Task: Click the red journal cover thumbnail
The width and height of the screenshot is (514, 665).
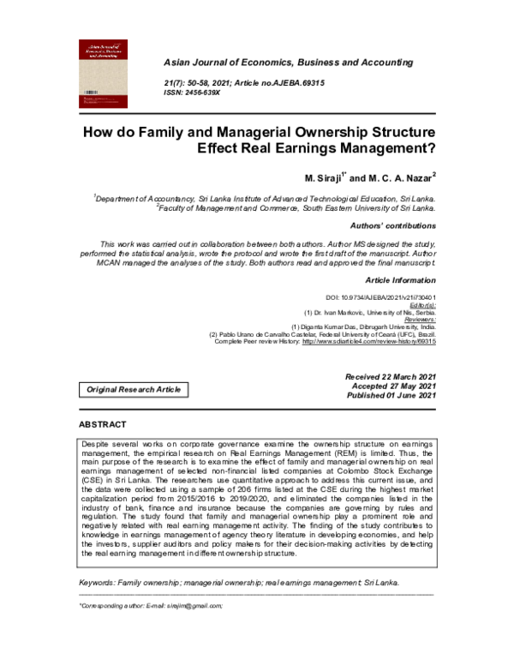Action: [108, 72]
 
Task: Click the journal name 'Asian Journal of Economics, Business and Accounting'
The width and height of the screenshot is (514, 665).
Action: [288, 63]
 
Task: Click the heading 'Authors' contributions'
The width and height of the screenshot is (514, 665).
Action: [400, 225]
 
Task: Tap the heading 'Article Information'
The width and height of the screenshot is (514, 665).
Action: [400, 281]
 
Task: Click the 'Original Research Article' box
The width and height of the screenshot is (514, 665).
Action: [133, 389]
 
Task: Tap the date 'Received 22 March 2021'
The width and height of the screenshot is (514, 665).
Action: [391, 377]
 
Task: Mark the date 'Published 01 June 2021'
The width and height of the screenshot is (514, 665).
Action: [391, 396]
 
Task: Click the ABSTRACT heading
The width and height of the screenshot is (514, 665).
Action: [103, 425]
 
